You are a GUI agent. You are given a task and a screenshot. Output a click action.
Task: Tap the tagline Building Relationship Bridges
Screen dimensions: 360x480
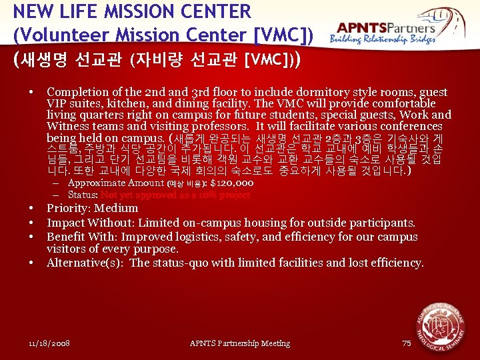point(383,41)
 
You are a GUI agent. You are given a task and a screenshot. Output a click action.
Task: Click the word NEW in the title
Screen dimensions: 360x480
point(29,11)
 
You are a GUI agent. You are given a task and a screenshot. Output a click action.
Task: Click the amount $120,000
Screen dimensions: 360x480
point(231,183)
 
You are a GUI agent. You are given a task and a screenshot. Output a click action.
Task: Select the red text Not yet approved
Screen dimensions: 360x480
point(140,195)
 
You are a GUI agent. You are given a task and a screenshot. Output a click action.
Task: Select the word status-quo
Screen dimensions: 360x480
point(181,263)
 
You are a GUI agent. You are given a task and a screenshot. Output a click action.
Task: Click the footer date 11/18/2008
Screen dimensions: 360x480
point(50,343)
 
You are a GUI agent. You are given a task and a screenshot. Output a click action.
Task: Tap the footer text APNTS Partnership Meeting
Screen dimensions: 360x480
point(240,343)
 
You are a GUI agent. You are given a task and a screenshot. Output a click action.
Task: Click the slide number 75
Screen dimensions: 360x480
point(407,343)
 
